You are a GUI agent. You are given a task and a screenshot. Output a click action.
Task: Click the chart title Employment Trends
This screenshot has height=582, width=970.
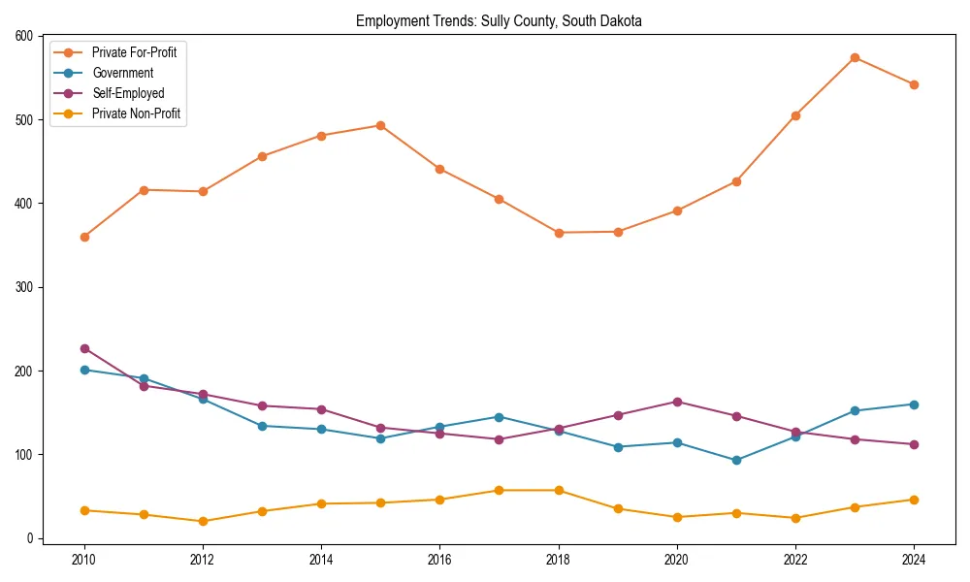pos(499,20)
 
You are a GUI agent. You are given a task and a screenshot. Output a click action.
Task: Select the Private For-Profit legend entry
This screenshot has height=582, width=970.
pos(134,52)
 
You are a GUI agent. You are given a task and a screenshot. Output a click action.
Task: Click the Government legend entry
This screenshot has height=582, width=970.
pos(122,73)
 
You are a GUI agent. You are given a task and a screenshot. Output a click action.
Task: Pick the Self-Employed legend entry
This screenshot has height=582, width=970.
pos(128,94)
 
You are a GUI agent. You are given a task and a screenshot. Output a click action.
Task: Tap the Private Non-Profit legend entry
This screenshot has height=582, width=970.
pos(136,114)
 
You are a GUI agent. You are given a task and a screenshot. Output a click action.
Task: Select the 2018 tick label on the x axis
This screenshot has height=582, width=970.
pos(558,560)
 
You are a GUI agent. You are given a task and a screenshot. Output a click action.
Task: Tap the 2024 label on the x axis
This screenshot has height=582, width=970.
pos(914,560)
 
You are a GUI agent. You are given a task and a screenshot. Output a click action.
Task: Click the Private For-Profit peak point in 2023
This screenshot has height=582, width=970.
pos(855,57)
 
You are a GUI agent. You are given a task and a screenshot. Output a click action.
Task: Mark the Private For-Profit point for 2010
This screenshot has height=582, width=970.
pos(84,237)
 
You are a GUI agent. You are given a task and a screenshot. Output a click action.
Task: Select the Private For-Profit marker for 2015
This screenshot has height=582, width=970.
pos(380,125)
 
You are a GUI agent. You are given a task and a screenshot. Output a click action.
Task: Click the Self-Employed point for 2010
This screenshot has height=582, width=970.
pos(84,348)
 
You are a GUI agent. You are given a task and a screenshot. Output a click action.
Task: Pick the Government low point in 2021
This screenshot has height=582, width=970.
pos(736,460)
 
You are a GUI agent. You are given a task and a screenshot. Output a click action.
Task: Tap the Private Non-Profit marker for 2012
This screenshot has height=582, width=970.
pos(203,521)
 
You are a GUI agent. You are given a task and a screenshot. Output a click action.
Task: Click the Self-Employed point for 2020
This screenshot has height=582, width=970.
pos(677,402)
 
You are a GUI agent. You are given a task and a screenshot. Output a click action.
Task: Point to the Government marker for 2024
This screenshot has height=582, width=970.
pos(914,404)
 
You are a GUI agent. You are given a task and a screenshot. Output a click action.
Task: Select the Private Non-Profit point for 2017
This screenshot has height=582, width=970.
pos(499,490)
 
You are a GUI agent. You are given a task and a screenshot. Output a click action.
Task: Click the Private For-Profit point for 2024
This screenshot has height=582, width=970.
pos(914,84)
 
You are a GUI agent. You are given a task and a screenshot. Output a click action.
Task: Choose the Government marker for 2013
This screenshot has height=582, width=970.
pos(262,426)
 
